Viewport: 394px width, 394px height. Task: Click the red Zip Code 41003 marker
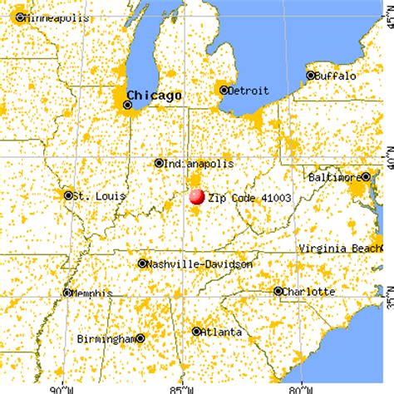(196, 197)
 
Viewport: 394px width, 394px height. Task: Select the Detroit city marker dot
(224, 89)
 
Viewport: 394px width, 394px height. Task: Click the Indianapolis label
(197, 164)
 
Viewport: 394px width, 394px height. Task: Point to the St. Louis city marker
(68, 195)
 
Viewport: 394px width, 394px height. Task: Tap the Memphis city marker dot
(67, 293)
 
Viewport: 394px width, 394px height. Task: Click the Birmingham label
(106, 338)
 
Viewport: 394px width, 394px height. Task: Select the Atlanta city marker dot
(196, 331)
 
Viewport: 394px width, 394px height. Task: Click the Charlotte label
(310, 292)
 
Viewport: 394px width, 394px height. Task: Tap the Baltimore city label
(335, 176)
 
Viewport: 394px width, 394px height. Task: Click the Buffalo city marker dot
(311, 76)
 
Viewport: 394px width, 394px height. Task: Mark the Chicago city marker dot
(127, 106)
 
